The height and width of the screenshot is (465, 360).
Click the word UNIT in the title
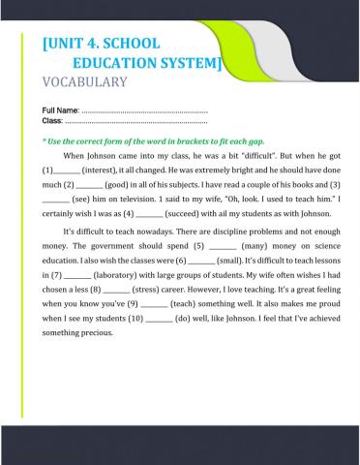[x=69, y=44]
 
